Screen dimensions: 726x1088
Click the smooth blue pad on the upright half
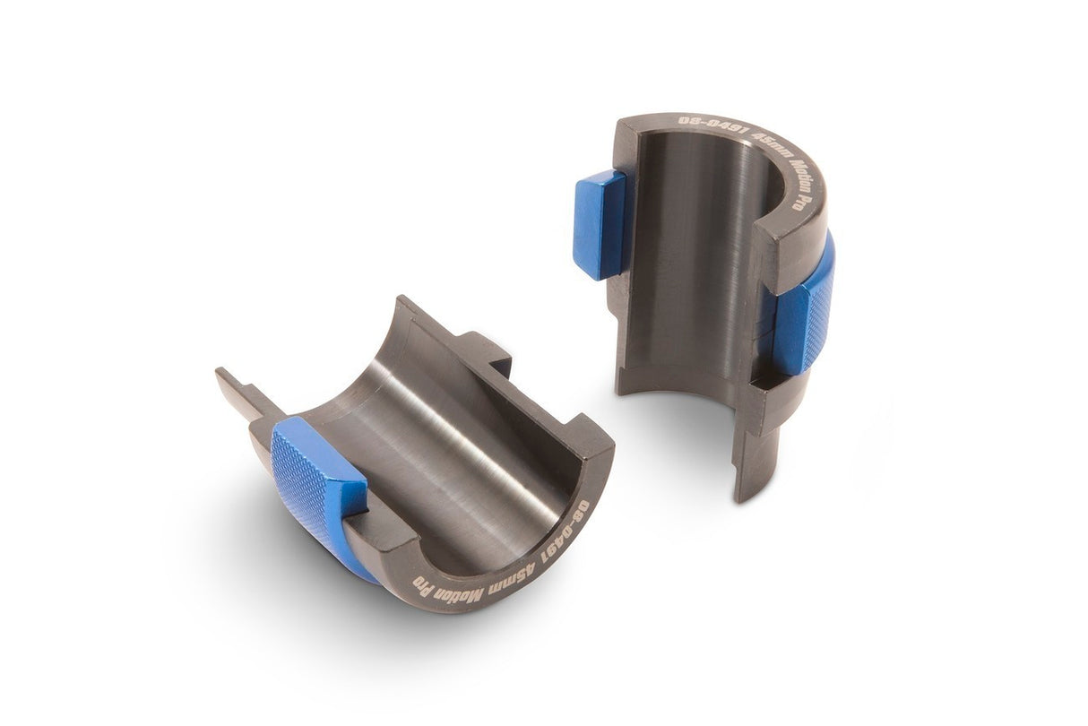point(599,224)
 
